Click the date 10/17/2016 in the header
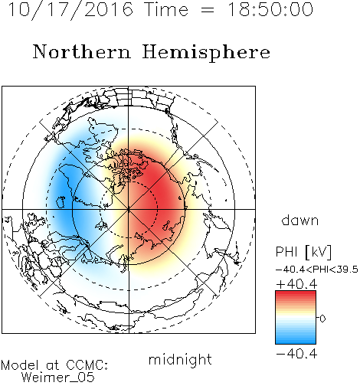(70, 10)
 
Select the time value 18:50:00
(270, 10)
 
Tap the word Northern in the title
(82, 51)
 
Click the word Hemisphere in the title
(206, 52)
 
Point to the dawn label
(300, 220)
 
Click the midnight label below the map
(180, 360)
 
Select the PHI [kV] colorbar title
(304, 252)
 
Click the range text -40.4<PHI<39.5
(317, 270)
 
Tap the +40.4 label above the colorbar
(296, 284)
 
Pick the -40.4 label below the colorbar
(296, 354)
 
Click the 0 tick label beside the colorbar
(322, 319)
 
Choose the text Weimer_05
(58, 378)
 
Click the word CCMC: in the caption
(87, 365)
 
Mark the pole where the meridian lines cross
(129, 209)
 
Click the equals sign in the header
(208, 10)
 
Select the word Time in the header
(166, 10)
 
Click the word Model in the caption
(20, 365)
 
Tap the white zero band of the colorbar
(296, 318)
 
